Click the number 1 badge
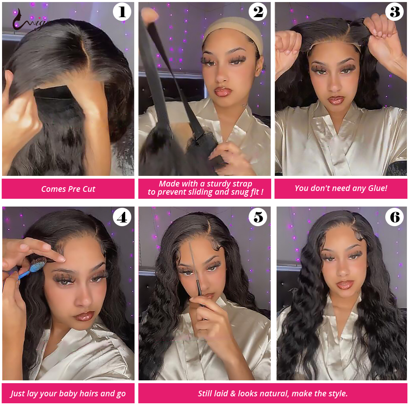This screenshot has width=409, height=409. tap(122, 12)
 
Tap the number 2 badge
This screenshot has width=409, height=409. tap(258, 12)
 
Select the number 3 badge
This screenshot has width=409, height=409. tap(395, 12)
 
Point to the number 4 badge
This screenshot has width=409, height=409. tap(122, 217)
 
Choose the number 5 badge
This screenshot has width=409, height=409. tap(258, 217)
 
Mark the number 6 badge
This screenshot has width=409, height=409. tap(395, 217)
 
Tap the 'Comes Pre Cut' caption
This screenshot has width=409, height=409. tap(68, 189)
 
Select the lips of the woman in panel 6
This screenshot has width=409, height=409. tap(346, 285)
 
